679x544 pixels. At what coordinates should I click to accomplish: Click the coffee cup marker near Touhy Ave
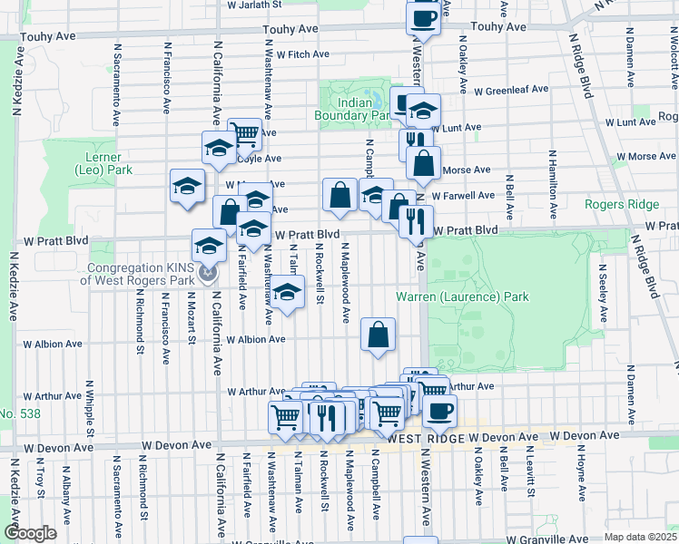click(423, 16)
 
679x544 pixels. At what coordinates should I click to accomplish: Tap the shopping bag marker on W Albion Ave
click(378, 334)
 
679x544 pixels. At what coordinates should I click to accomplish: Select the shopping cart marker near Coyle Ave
click(244, 134)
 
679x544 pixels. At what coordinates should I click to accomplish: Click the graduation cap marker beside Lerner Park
click(187, 186)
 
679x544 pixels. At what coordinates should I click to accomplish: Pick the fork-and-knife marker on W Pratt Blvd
click(416, 220)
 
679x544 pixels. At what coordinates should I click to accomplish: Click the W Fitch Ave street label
click(303, 54)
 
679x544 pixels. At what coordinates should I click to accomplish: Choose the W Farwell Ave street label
click(463, 195)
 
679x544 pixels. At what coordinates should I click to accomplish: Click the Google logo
click(30, 533)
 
